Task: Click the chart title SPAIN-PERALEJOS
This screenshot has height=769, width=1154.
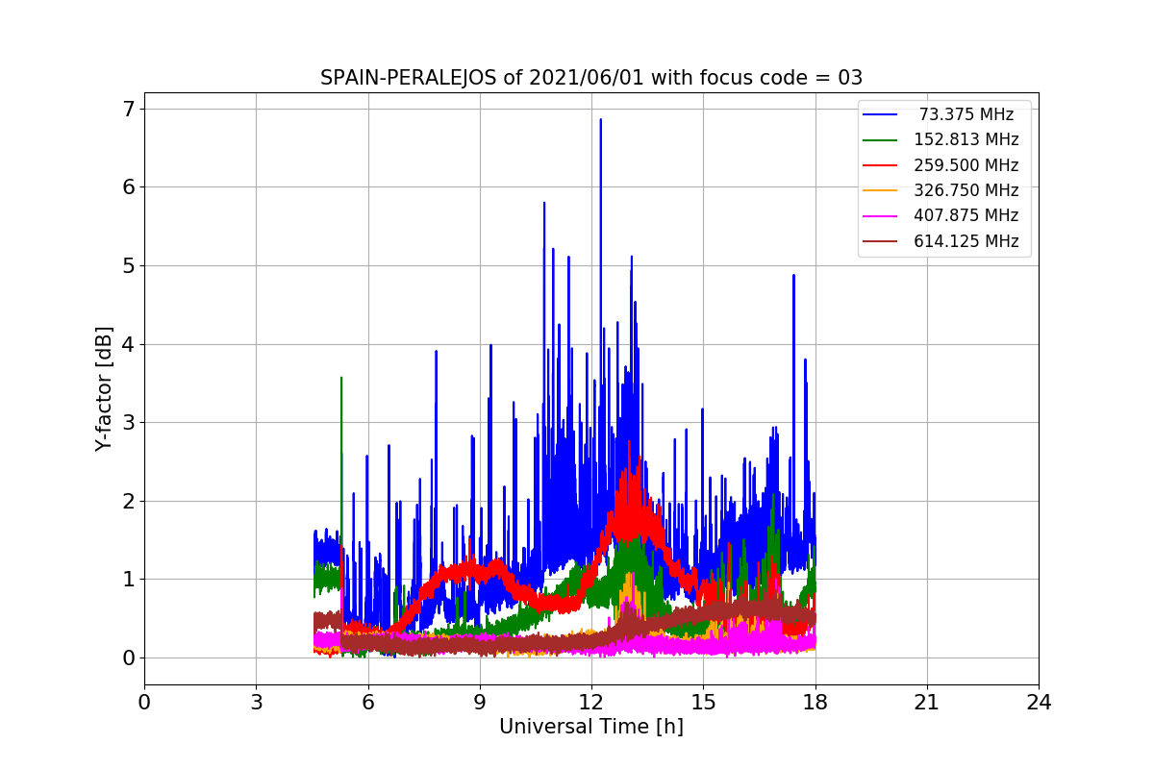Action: click(x=410, y=78)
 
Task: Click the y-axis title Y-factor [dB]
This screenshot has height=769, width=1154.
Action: click(x=104, y=388)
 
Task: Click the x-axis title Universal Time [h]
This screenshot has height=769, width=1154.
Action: click(x=590, y=727)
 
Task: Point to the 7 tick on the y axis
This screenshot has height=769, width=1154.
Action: click(x=127, y=108)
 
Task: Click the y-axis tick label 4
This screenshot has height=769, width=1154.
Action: click(x=127, y=343)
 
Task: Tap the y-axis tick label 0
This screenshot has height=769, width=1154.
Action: click(x=127, y=657)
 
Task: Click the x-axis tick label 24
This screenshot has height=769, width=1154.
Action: click(x=1038, y=703)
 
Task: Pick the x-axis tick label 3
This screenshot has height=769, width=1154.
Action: click(x=256, y=703)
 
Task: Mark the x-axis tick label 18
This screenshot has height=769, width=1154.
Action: click(x=815, y=703)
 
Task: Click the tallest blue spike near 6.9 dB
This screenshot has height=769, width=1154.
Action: click(x=600, y=120)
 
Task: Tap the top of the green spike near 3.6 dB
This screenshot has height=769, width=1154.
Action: click(x=341, y=378)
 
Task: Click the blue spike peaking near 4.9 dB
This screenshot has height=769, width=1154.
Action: click(x=793, y=276)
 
